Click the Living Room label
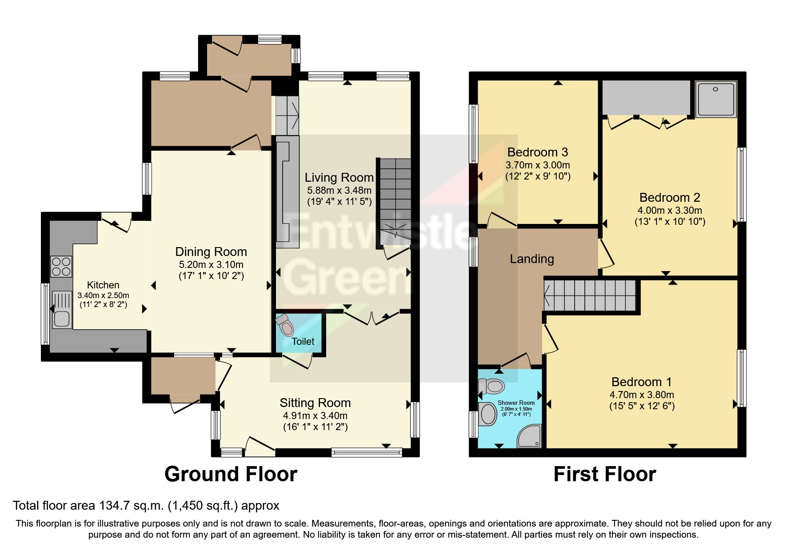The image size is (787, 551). pos(339,178)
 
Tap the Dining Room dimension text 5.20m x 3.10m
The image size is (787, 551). pos(211,264)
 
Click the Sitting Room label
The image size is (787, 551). pos(315,403)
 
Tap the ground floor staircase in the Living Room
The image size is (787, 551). pos(395,202)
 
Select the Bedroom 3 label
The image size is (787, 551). pos(537,152)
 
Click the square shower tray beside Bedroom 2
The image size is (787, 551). pos(715,99)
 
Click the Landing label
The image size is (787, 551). pos(531,259)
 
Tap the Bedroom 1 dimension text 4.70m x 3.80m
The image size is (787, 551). pos(642,395)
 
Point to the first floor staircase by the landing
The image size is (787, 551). pos(591,295)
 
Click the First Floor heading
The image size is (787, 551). pos(604,474)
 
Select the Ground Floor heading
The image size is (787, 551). pos(231,474)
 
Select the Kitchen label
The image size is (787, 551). pos(103,285)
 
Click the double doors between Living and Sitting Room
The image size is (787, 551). pos(372,317)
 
